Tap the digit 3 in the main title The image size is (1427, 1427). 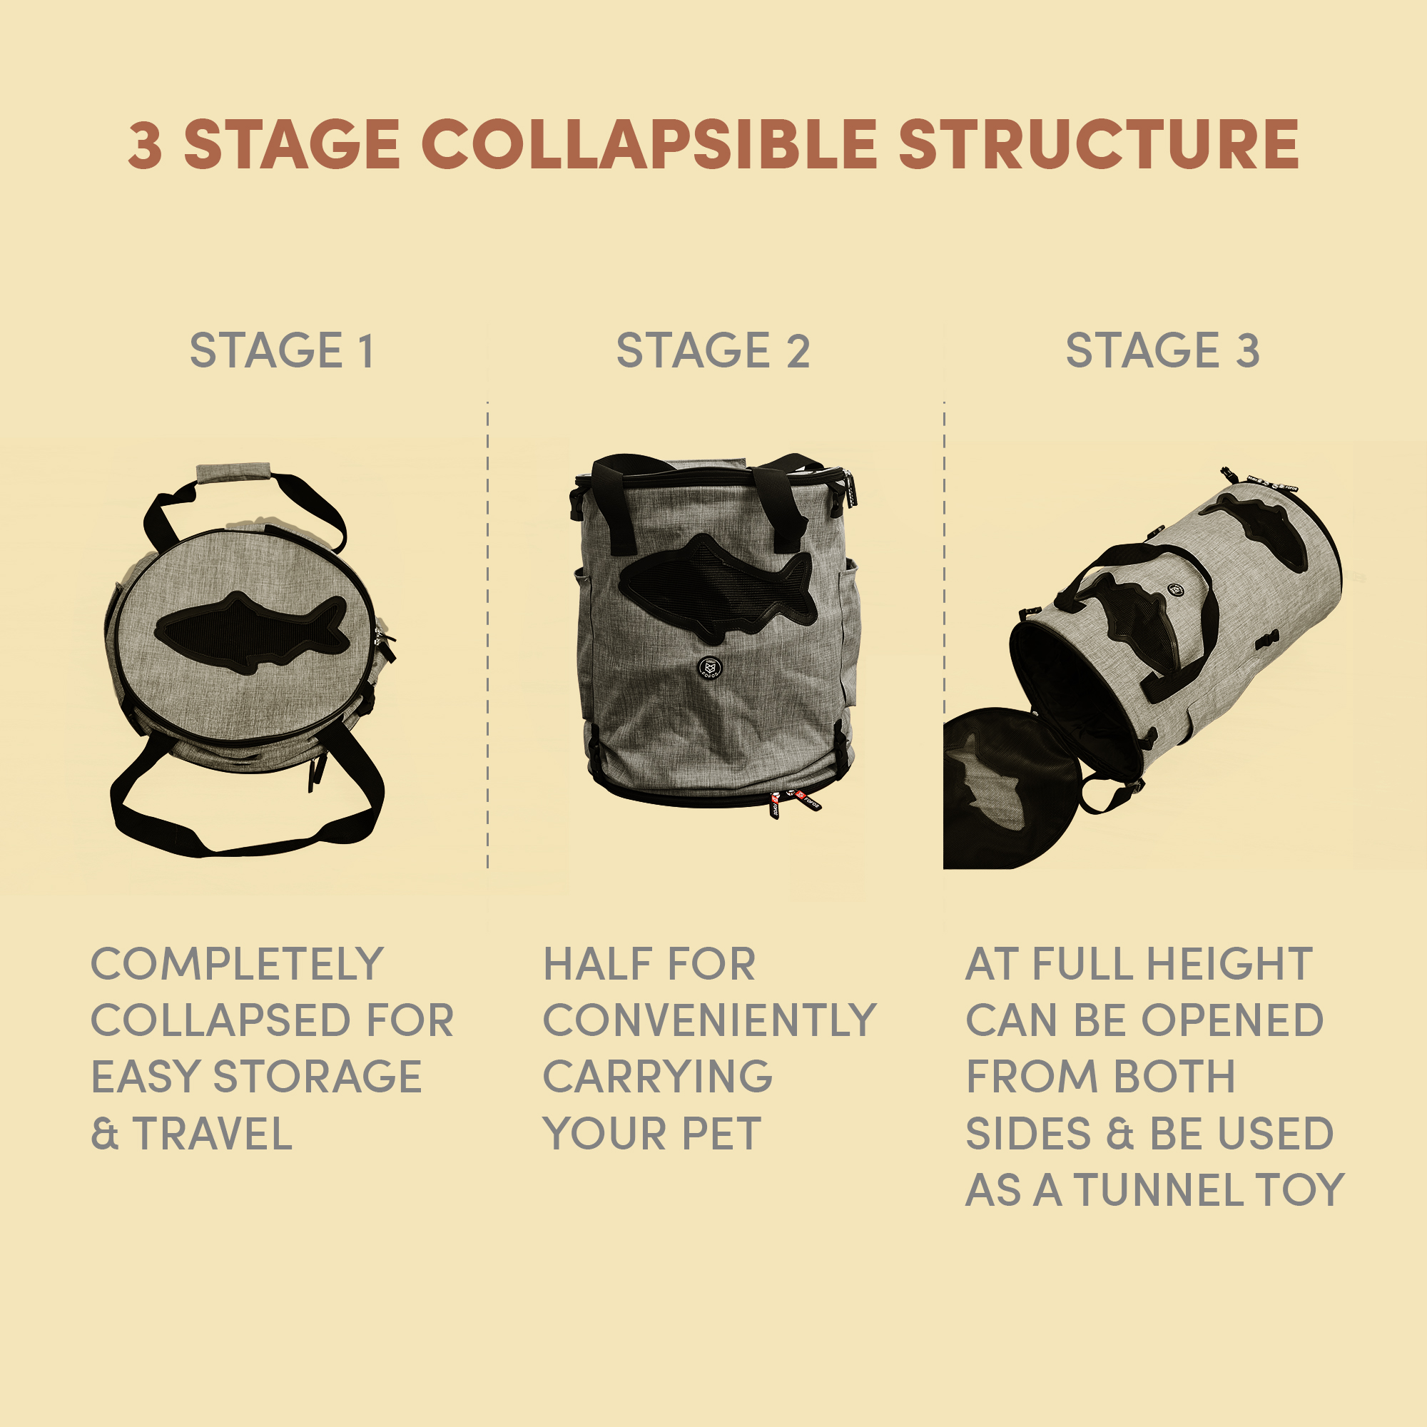(146, 145)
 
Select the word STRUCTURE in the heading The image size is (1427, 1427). (1099, 144)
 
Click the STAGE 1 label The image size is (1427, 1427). (282, 350)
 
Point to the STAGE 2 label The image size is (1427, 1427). (713, 350)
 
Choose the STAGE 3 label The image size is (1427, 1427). (1162, 350)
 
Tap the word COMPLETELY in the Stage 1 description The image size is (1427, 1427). (237, 964)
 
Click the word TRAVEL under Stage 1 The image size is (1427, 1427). (213, 1134)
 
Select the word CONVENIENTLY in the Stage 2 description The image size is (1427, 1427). (709, 1021)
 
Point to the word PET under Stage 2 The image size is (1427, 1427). (721, 1134)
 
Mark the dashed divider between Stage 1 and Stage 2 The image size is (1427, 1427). (487, 635)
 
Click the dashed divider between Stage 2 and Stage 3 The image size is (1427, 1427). (944, 635)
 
